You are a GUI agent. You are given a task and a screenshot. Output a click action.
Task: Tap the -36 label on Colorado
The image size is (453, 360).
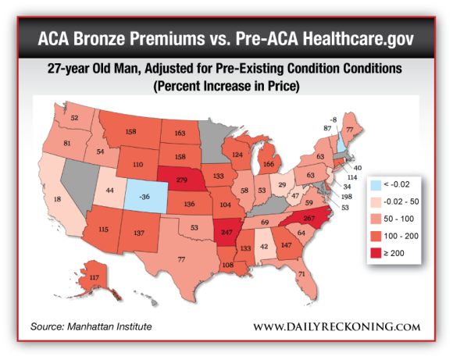pos(143,197)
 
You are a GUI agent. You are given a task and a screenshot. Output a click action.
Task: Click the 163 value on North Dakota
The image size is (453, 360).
pos(179,134)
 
